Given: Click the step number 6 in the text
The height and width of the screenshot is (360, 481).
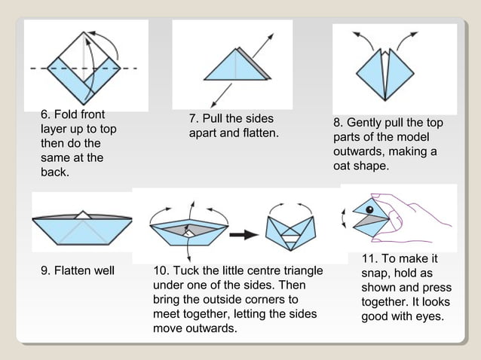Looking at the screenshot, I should pos(45,114).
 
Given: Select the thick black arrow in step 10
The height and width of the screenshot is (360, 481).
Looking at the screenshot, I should pos(243,234).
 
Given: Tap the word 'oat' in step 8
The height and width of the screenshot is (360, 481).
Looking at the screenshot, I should pos(344,166).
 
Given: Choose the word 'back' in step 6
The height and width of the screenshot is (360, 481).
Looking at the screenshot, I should pos(54,173).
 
